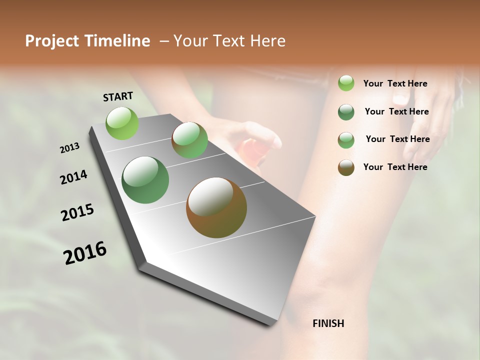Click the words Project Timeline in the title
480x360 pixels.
pos(87,41)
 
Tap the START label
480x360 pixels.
pos(118,96)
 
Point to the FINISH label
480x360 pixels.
pos(328,323)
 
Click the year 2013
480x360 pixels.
pos(70,148)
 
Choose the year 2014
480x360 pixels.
pos(73,177)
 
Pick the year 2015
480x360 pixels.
pos(77,212)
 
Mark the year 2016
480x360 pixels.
pos(85,253)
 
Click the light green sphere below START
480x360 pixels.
pos(122,123)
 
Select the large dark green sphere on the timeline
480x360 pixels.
pos(145,180)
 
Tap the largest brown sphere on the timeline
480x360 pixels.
pos(216,207)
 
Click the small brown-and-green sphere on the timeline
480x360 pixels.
pos(189,140)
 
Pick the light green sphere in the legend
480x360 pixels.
pos(346,83)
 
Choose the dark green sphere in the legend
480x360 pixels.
pos(346,112)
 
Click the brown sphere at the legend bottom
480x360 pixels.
pos(346,167)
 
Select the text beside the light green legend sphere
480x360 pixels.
pos(395,83)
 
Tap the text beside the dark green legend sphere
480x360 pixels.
pos(396,111)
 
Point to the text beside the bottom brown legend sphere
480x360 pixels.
pos(395,167)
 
